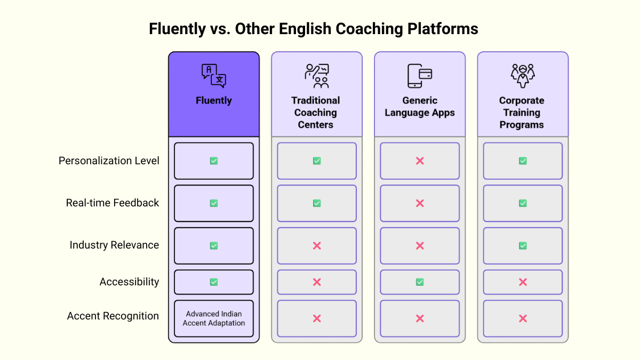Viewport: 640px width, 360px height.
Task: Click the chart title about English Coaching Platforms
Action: (314, 29)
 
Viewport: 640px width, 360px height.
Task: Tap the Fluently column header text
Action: (214, 100)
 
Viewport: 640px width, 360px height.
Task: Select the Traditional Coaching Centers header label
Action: (316, 113)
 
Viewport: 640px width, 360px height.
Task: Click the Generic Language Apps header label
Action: (420, 107)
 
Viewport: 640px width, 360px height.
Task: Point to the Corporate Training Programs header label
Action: (522, 113)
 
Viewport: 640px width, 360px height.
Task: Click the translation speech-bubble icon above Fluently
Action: (214, 75)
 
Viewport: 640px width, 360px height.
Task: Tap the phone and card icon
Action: (420, 76)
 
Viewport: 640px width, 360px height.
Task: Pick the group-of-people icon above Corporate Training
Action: (523, 76)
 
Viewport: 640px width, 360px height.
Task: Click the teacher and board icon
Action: (317, 76)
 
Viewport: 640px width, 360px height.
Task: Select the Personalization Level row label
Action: (109, 161)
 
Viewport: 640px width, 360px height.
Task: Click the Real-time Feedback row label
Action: (113, 203)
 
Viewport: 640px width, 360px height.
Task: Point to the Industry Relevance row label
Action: (114, 245)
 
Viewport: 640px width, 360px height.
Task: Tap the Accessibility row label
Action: (129, 282)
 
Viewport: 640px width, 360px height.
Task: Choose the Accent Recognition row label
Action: (113, 316)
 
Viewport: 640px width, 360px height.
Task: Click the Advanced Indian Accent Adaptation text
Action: (214, 318)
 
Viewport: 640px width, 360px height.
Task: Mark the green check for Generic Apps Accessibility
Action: (420, 282)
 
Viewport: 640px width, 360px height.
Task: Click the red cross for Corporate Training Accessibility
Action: (523, 282)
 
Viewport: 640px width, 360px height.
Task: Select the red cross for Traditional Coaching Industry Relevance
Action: (317, 246)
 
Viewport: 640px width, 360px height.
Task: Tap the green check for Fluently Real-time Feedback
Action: (214, 203)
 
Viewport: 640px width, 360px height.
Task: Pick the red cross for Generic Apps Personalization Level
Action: (420, 161)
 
